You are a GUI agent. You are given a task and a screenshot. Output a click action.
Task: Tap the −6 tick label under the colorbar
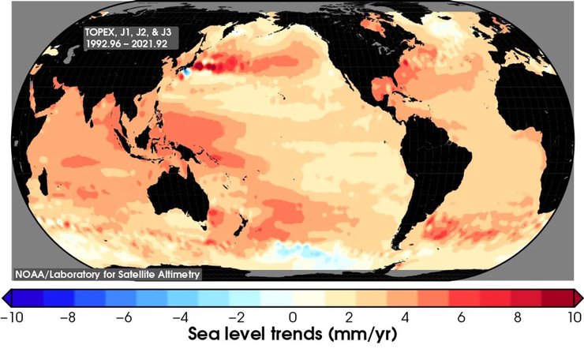click(125, 317)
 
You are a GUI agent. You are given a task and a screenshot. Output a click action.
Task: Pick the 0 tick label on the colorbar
click(293, 317)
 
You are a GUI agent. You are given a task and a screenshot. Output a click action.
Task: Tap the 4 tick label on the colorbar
click(405, 317)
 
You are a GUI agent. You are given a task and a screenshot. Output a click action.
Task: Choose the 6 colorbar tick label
click(461, 317)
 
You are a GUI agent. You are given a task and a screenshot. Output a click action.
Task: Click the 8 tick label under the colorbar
click(517, 317)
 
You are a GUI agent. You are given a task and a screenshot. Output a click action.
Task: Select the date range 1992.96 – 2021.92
click(128, 44)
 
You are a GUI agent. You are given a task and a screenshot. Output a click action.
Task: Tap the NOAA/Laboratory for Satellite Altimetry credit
click(107, 274)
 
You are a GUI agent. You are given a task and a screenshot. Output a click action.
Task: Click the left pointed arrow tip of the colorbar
click(5, 297)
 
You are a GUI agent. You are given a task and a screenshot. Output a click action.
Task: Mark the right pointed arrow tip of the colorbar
click(580, 297)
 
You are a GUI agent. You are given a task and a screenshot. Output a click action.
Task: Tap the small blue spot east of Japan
click(185, 72)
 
